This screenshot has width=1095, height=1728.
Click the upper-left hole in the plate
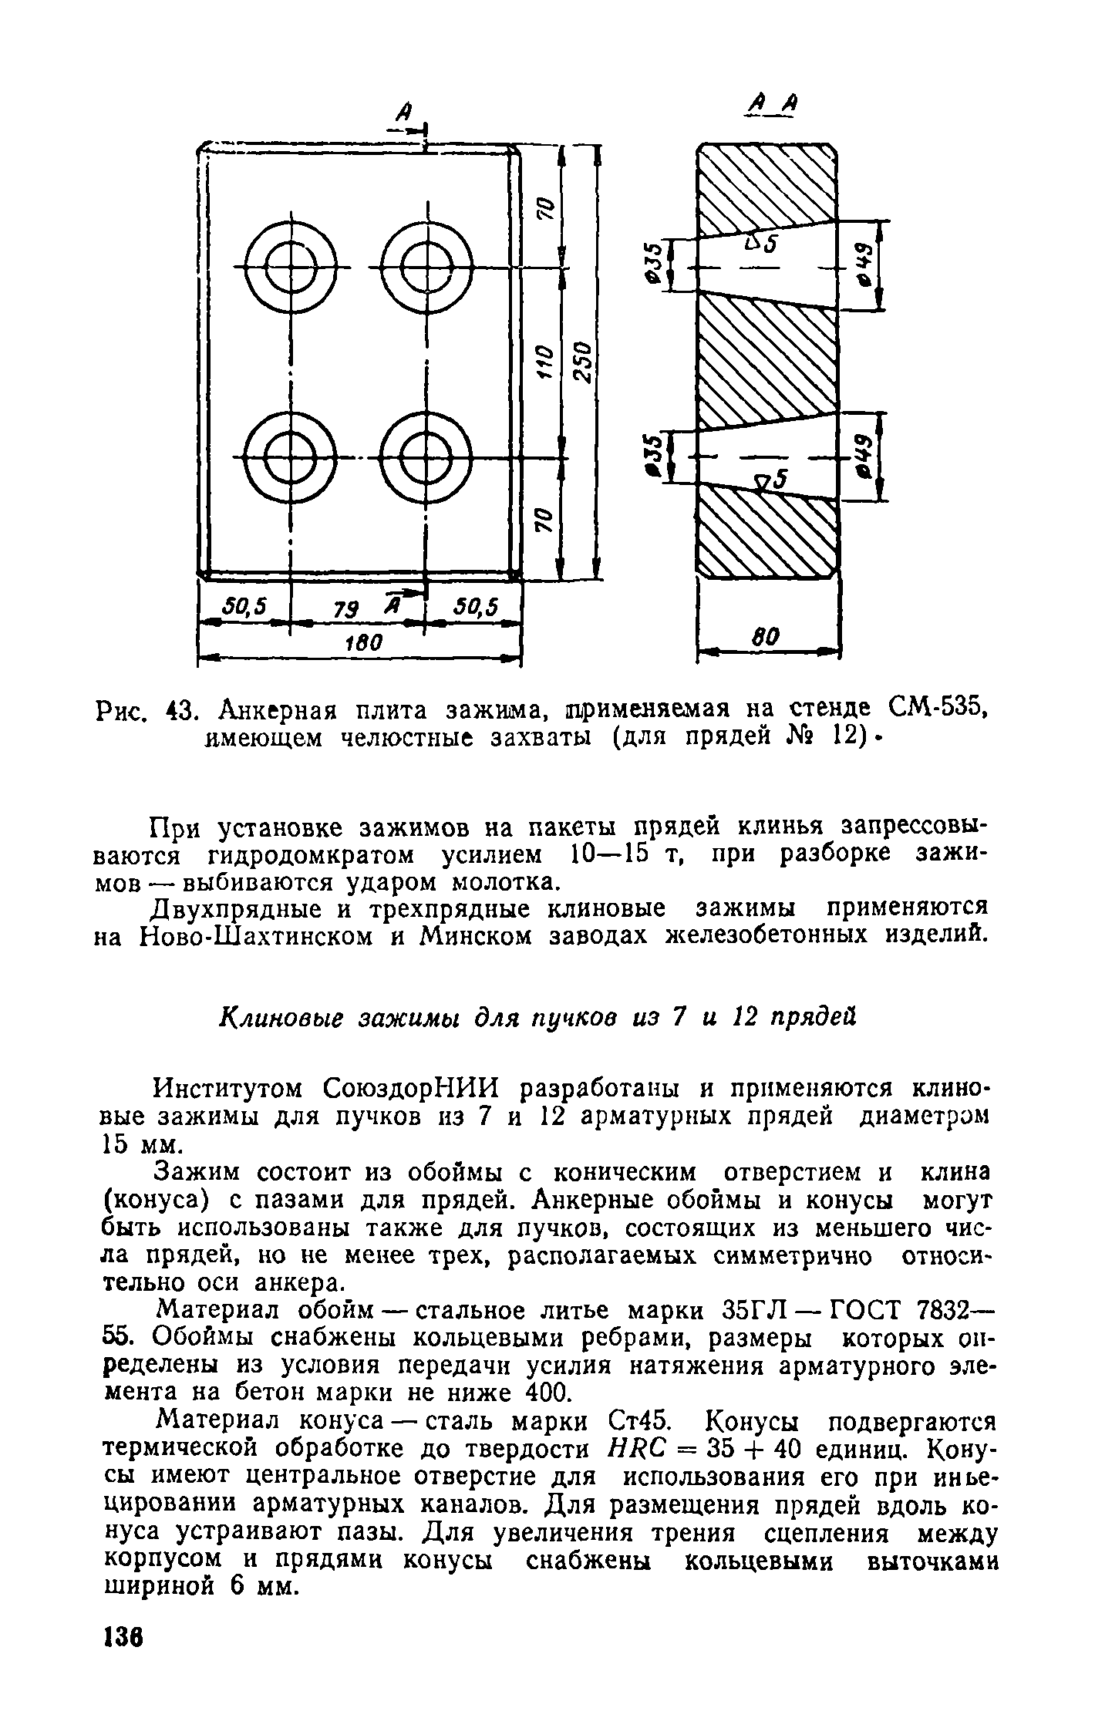[x=290, y=267]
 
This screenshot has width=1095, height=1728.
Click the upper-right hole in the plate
[x=425, y=267]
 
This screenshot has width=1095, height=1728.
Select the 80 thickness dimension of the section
[x=766, y=638]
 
